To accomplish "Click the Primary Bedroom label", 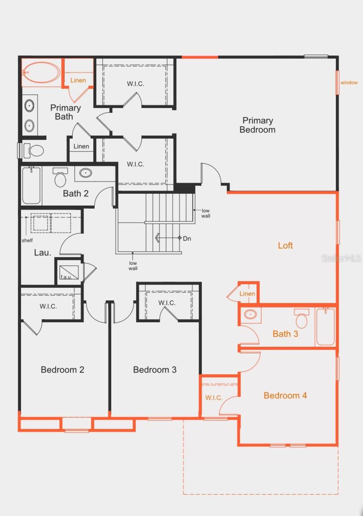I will (x=258, y=125).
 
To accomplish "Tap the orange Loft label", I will (x=285, y=245).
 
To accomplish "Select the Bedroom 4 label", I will (x=285, y=395).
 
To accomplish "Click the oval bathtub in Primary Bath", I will (x=41, y=73).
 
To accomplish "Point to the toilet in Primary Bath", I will (x=34, y=150).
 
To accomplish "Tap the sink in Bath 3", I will (x=250, y=314).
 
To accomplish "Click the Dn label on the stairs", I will (x=187, y=238).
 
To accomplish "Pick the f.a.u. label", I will (x=66, y=277).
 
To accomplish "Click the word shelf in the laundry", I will (x=27, y=240).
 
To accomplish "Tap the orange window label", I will (x=349, y=82).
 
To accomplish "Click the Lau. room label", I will (x=43, y=252).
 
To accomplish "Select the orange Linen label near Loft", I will (x=247, y=294).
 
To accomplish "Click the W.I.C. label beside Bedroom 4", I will (x=214, y=398).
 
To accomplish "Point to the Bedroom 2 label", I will (x=62, y=370).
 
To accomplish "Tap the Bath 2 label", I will (x=76, y=193).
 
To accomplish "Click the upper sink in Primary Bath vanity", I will (x=29, y=106).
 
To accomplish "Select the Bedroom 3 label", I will (x=155, y=370).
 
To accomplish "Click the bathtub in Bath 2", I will (x=31, y=185).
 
